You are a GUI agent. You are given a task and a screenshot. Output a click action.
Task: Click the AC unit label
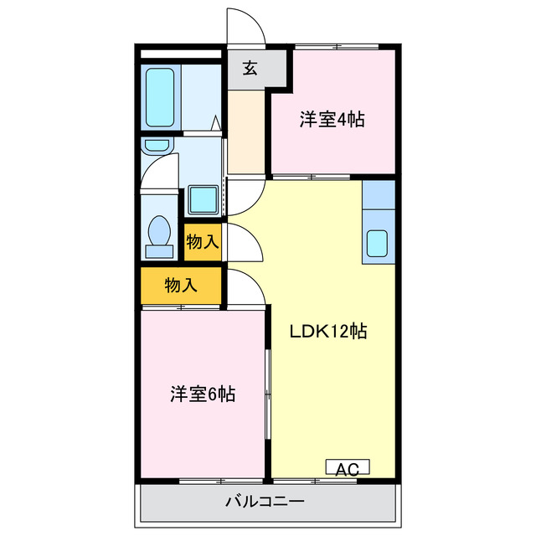347,468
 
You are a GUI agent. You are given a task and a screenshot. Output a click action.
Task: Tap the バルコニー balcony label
265,502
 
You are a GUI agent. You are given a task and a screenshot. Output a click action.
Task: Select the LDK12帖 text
328,330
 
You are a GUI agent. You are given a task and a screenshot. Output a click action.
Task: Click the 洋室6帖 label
203,394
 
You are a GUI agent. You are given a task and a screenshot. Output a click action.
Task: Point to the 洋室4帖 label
332,120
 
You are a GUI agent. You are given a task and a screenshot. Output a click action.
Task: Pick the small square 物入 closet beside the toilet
203,242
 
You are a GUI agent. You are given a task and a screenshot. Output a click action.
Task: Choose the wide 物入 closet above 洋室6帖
181,285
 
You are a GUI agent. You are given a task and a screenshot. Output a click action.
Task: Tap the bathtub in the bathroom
160,95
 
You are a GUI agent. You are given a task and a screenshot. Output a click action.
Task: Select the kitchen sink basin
377,245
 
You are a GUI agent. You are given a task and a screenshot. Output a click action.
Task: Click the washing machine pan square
202,199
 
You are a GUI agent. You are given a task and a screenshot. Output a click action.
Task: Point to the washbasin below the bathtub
157,146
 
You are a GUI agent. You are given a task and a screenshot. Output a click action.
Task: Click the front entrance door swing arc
245,27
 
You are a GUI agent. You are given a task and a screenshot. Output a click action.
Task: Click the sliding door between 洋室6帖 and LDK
268,394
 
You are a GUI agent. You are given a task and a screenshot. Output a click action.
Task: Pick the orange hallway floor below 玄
245,130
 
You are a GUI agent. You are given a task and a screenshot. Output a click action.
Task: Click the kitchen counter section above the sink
378,193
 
